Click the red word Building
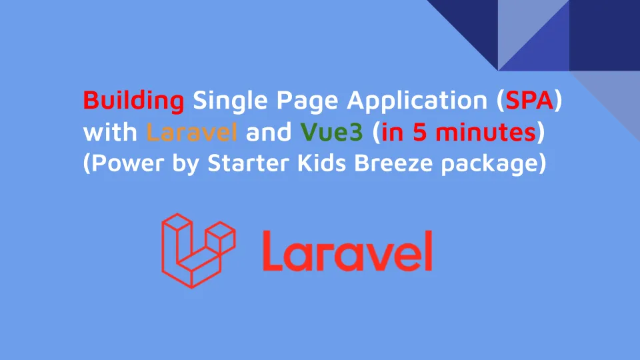(x=133, y=101)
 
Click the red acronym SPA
(x=529, y=100)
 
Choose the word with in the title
(x=110, y=132)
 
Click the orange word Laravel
(x=191, y=132)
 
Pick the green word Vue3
(x=331, y=132)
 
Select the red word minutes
(x=486, y=132)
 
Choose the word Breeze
(x=393, y=163)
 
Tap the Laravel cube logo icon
(x=199, y=251)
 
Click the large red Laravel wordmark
(x=347, y=251)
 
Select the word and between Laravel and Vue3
(x=269, y=132)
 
